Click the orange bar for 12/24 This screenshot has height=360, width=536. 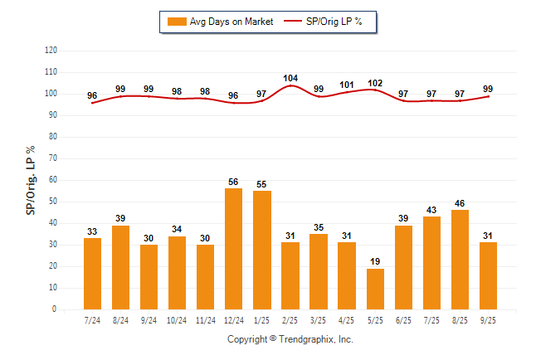tap(233, 249)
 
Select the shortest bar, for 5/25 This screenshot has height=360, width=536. tap(375, 289)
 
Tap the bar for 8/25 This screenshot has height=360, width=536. tap(460, 260)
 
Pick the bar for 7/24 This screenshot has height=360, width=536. tap(92, 274)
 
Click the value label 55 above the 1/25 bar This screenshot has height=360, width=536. tap(262, 183)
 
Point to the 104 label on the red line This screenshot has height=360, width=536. tap(290, 78)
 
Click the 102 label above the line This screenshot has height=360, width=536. tap(375, 82)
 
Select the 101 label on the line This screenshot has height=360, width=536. tap(347, 85)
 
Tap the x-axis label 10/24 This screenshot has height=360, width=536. tap(177, 320)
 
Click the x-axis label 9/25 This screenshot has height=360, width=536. tap(488, 320)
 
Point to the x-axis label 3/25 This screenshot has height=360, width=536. tap(319, 320)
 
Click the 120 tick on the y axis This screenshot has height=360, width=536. tap(51, 50)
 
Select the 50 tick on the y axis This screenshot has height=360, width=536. tap(53, 202)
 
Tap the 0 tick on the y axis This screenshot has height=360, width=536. tap(56, 309)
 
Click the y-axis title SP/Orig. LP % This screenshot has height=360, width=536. tap(31, 179)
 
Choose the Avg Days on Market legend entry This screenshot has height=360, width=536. tap(218, 22)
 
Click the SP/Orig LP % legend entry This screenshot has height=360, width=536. tap(324, 22)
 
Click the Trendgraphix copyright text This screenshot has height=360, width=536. tap(290, 339)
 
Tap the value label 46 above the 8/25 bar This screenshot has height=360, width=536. tap(460, 202)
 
